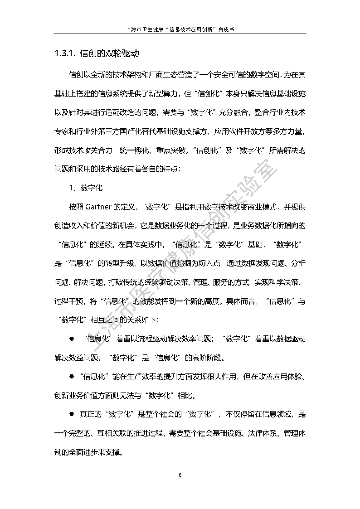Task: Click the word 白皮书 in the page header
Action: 224,29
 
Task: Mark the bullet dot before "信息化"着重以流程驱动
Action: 71,339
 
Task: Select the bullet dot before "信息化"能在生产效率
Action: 71,376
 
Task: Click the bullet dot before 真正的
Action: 71,414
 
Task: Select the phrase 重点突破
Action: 171,150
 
